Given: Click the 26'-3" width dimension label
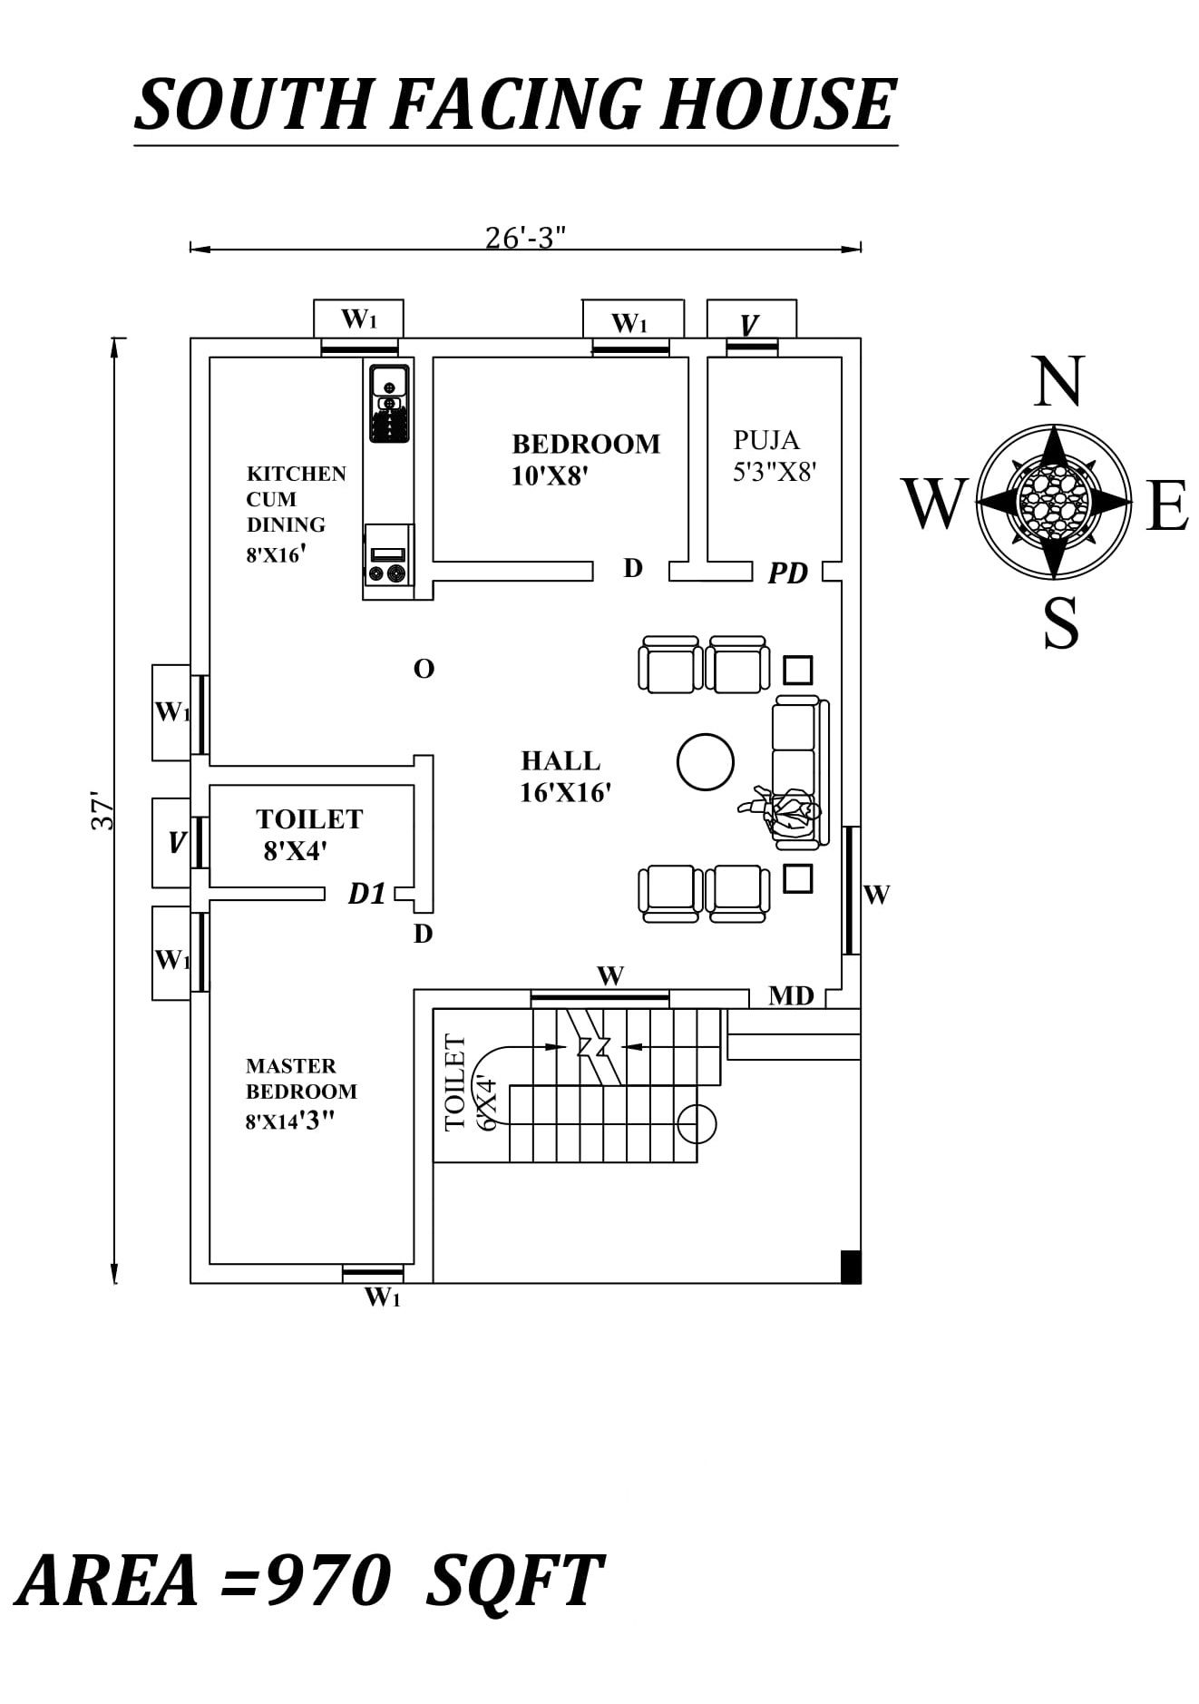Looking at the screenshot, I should (525, 237).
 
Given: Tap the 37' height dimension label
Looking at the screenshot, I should (102, 812).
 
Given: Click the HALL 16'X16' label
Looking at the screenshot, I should (564, 776).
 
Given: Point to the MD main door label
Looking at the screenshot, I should (791, 996).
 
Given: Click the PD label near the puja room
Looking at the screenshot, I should (787, 573).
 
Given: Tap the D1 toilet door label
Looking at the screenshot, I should (366, 895).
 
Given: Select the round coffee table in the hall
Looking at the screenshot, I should (705, 762).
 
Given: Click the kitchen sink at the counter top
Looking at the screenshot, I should (389, 382).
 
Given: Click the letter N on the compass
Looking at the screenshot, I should (1058, 382).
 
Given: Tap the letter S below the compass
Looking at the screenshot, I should (1060, 623).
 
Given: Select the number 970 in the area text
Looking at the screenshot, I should (328, 1581).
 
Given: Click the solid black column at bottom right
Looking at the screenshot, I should (850, 1266).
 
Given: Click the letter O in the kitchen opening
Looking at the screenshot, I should (424, 670).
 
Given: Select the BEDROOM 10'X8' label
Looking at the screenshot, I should (585, 458).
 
